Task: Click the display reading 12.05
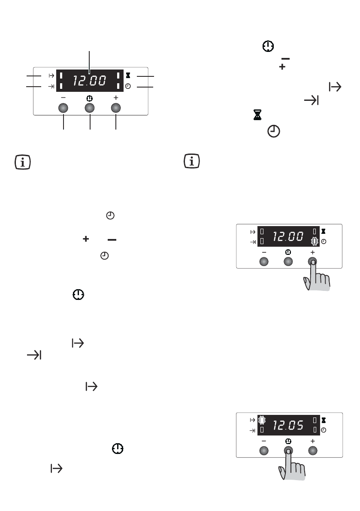[289, 425]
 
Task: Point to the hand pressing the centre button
[292, 465]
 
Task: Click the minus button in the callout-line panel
[63, 108]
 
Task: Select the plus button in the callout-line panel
[116, 108]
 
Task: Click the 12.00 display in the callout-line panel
[90, 81]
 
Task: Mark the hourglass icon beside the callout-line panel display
[128, 75]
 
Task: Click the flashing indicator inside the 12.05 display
[262, 420]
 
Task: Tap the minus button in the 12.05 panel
[264, 451]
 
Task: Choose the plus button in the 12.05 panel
[313, 451]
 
